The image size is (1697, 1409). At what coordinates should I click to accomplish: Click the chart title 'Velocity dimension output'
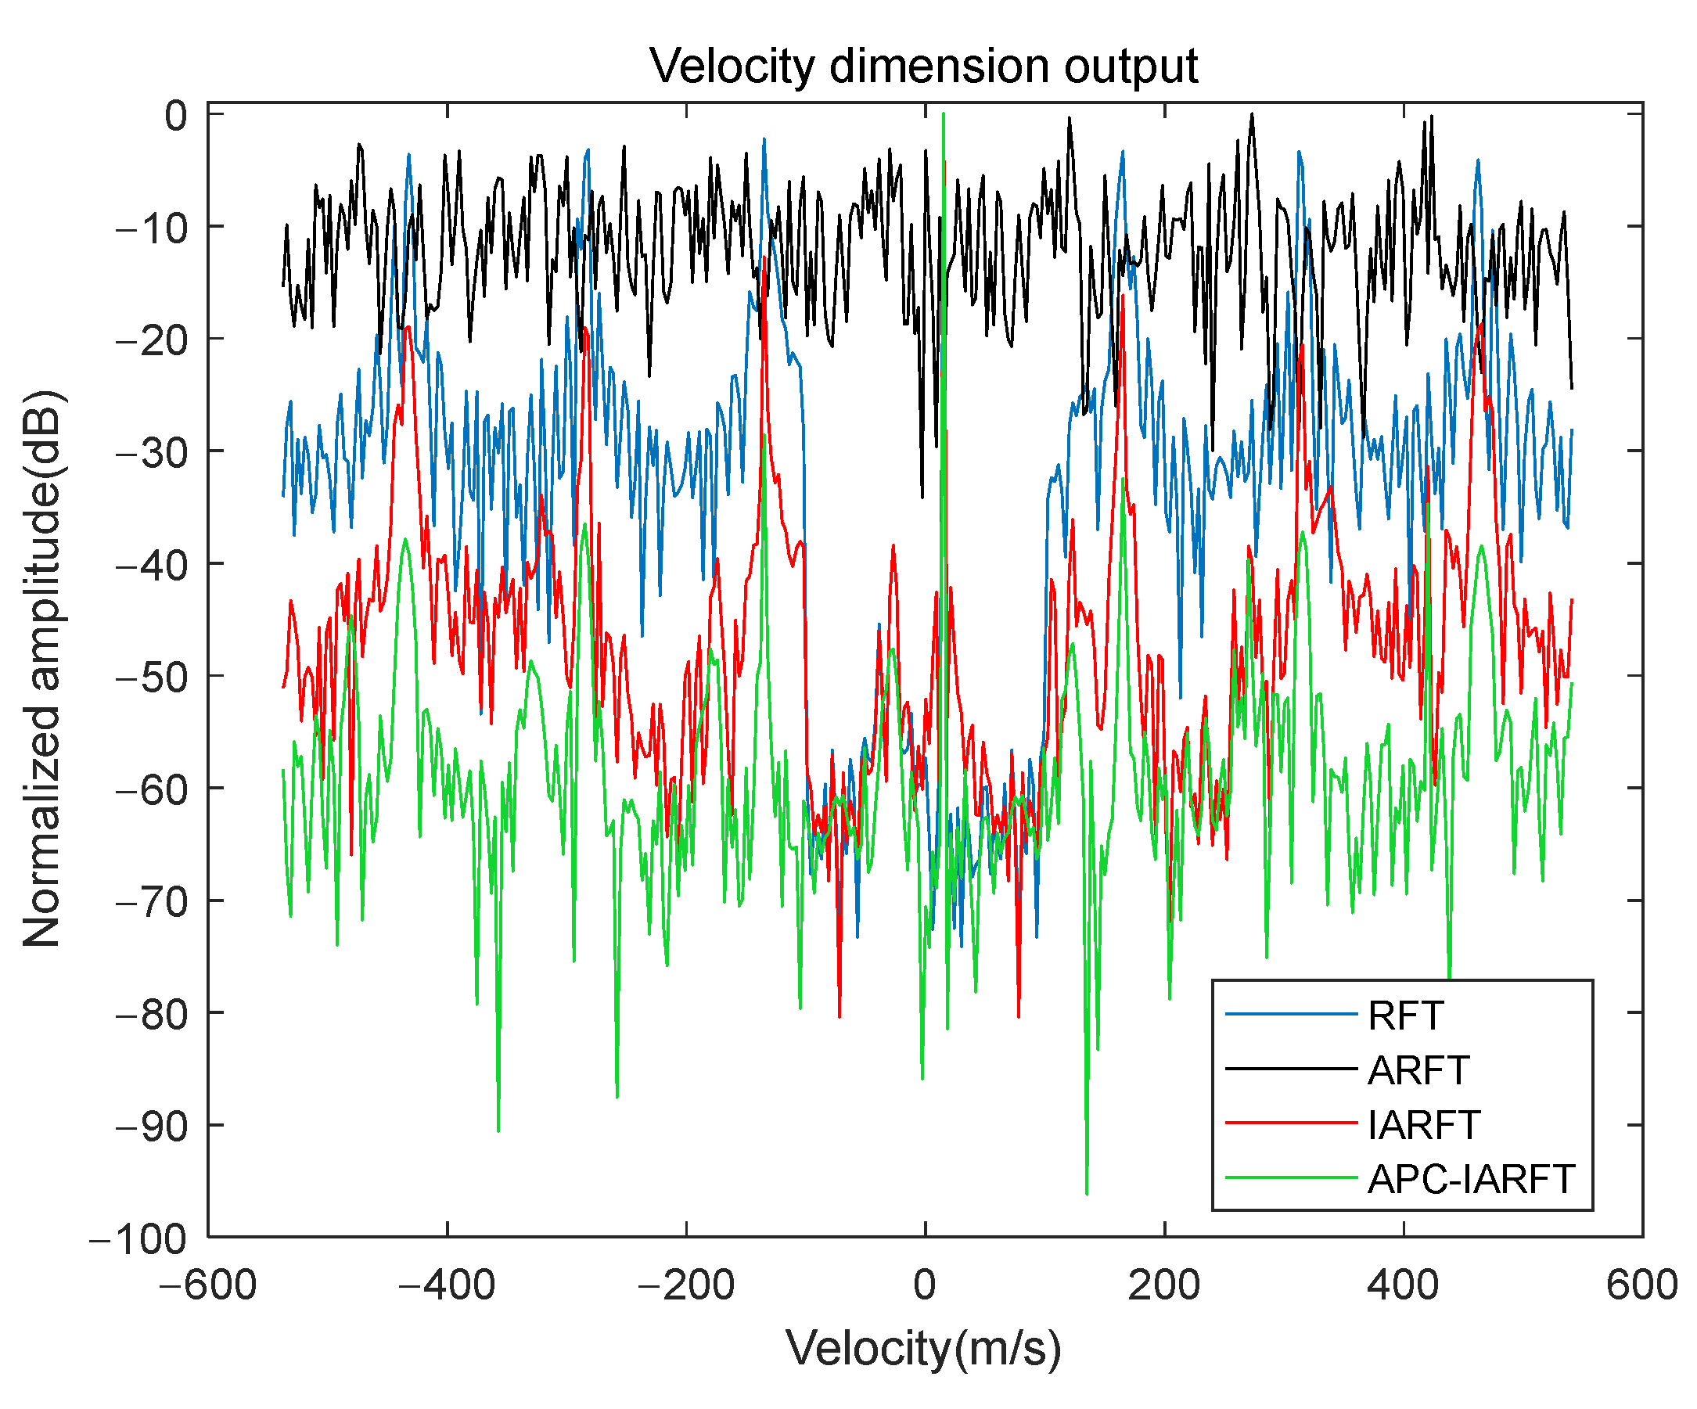(x=924, y=66)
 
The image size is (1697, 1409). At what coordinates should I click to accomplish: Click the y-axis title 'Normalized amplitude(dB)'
(x=42, y=669)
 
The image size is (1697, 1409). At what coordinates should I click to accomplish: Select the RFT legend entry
(x=1405, y=1015)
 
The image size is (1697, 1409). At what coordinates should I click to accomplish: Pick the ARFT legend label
(x=1418, y=1070)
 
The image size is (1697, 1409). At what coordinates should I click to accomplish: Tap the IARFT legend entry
(x=1424, y=1124)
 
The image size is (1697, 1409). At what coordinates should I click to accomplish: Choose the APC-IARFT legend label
(x=1471, y=1180)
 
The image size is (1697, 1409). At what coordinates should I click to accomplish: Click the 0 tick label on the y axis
(x=175, y=116)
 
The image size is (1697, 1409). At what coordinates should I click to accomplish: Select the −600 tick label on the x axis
(x=207, y=1285)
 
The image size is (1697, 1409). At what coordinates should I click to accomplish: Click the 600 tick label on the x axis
(x=1641, y=1285)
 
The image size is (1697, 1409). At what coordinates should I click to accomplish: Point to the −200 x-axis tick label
(x=686, y=1285)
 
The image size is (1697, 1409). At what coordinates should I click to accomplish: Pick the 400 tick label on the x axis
(x=1403, y=1285)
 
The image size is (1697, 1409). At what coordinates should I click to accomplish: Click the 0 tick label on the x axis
(x=925, y=1285)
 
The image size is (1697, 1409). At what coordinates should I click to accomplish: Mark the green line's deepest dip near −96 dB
(x=1087, y=1191)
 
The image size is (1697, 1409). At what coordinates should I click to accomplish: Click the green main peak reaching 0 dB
(x=943, y=116)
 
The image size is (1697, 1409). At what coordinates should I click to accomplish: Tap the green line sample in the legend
(x=1290, y=1179)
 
